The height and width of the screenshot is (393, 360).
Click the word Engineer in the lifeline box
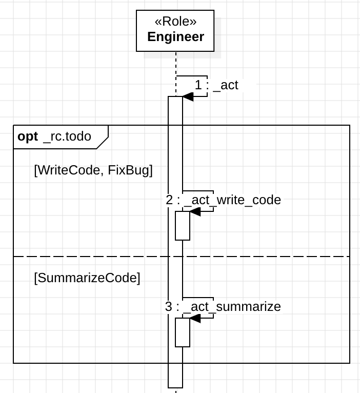[x=175, y=37]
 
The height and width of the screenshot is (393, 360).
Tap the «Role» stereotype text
[x=175, y=22]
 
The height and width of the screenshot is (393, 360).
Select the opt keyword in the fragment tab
[x=28, y=136]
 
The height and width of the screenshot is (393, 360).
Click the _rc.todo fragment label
[x=67, y=136]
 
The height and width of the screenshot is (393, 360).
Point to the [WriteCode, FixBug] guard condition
[x=93, y=170]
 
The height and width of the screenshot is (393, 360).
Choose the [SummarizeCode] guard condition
[x=87, y=278]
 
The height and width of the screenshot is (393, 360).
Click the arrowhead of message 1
[x=187, y=97]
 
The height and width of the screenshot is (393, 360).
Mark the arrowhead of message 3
[x=195, y=319]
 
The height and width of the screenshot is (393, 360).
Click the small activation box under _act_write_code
[x=183, y=226]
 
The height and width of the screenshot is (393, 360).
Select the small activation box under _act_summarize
[x=183, y=332]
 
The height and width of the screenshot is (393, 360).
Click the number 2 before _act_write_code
[x=170, y=200]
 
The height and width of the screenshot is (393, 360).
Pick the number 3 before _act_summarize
[x=169, y=307]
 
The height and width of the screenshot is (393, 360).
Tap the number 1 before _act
[x=199, y=85]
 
